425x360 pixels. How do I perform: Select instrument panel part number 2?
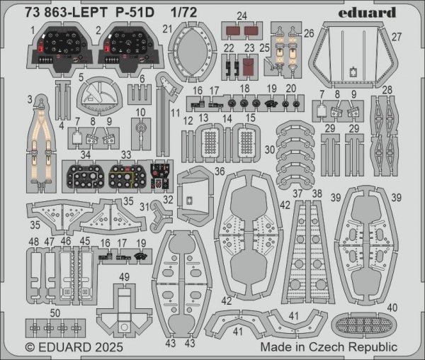pos(125,48)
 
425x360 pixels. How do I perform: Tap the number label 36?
pos(220,171)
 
